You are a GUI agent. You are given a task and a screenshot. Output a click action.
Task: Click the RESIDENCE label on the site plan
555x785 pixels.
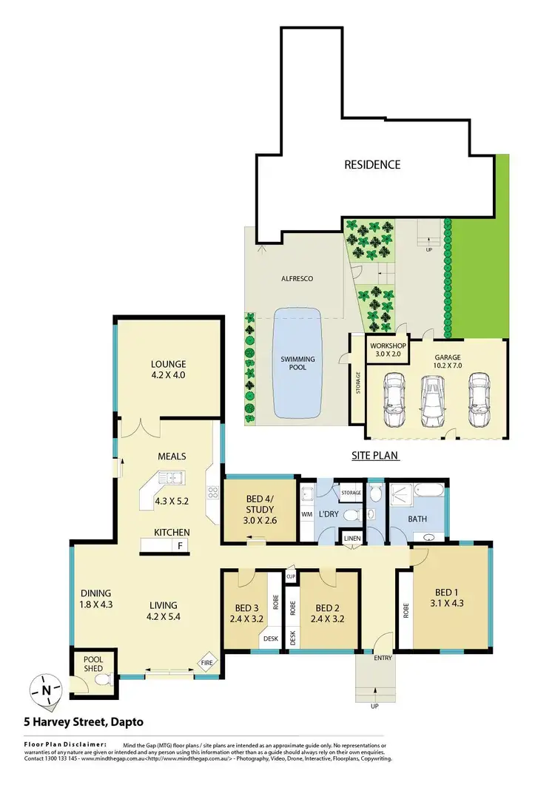coord(372,164)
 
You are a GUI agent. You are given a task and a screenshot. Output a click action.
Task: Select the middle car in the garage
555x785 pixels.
coord(434,400)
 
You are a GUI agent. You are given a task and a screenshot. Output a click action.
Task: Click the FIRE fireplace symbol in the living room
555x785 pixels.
coord(206,664)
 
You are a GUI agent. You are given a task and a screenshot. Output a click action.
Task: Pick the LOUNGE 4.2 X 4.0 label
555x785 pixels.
coord(169,368)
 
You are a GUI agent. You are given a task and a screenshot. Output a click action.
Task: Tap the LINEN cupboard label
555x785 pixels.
coord(351,538)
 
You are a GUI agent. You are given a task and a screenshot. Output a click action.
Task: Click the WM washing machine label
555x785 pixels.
coord(306,513)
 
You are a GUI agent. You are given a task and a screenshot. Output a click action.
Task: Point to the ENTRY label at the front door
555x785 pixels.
coord(383,658)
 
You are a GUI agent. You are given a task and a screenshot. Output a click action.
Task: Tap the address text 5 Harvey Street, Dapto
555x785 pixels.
coord(83,721)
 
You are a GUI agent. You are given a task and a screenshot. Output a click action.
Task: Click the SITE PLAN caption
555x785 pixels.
coord(380,457)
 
